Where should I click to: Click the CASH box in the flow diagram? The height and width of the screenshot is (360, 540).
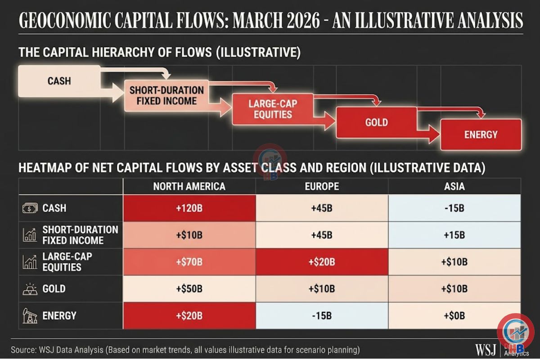[x=59, y=81]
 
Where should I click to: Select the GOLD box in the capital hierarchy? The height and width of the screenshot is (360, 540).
[x=376, y=122]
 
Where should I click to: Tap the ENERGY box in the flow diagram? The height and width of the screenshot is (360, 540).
[x=481, y=134]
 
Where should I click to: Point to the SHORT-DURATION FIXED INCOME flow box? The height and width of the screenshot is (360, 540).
[x=166, y=95]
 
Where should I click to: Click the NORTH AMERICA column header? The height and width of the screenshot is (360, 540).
[x=189, y=186]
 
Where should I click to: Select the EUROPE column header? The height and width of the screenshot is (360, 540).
[x=321, y=186]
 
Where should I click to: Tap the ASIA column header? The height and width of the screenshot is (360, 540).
[x=454, y=186]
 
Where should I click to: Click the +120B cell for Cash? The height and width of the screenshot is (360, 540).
[x=189, y=208]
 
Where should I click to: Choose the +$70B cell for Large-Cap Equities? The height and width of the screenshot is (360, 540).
[x=189, y=262]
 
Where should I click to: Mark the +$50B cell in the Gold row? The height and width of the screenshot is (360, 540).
[x=189, y=289]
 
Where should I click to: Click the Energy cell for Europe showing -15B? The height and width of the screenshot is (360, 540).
[x=321, y=316]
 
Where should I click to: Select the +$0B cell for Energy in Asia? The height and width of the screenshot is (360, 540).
[x=454, y=316]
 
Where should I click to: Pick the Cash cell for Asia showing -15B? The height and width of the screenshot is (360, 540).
[x=454, y=208]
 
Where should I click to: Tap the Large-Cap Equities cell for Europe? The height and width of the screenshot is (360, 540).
[x=321, y=262]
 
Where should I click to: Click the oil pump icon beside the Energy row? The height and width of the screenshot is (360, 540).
[x=30, y=316]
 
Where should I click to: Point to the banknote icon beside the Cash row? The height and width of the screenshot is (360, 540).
[x=30, y=208]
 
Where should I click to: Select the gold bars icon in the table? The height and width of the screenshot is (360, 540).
[x=30, y=289]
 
